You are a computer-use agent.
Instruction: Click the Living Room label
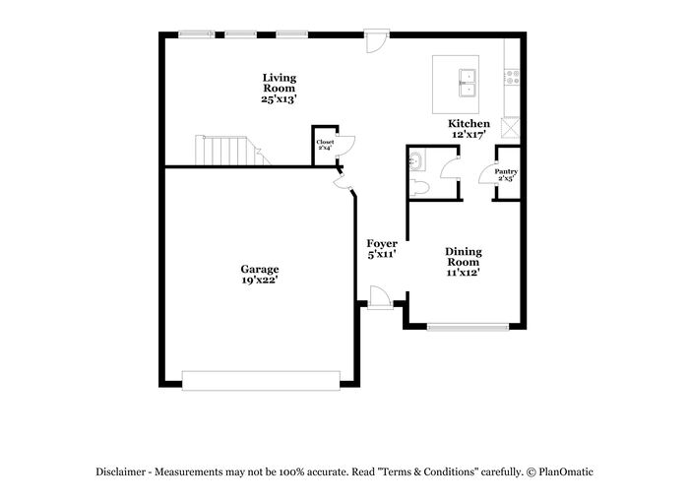click(x=280, y=83)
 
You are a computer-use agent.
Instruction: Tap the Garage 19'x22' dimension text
click(x=259, y=280)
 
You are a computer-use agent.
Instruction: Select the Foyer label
click(x=382, y=243)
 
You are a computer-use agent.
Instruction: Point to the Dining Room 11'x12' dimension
click(x=463, y=273)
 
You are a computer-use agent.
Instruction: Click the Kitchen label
click(x=469, y=123)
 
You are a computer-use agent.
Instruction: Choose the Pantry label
click(x=506, y=171)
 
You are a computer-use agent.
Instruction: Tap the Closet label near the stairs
click(x=325, y=143)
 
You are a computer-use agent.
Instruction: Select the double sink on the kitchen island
click(x=469, y=83)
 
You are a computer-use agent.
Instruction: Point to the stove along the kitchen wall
click(x=512, y=78)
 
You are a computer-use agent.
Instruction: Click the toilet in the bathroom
click(x=419, y=188)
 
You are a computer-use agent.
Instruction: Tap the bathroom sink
click(x=417, y=159)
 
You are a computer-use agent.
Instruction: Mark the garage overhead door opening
click(x=261, y=381)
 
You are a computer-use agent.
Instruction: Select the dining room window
click(x=468, y=327)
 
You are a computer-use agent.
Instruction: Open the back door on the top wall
click(x=377, y=41)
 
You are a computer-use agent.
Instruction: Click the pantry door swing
click(x=487, y=173)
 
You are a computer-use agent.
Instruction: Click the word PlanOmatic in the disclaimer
click(x=566, y=472)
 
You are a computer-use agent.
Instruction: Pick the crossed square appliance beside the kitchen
click(x=512, y=128)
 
